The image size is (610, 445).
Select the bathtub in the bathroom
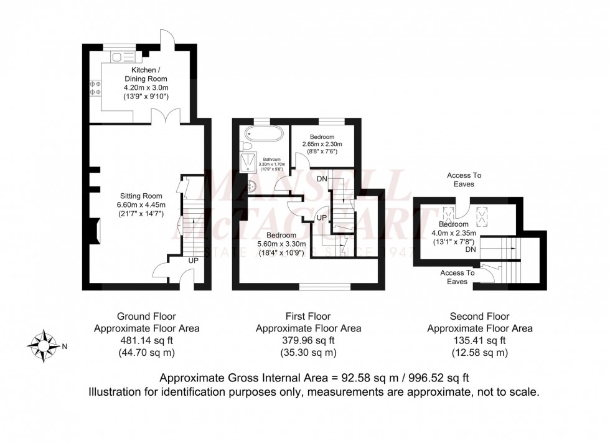pyautogui.click(x=263, y=133)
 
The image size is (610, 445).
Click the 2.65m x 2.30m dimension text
pyautogui.click(x=319, y=145)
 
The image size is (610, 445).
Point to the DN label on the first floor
pyautogui.click(x=322, y=179)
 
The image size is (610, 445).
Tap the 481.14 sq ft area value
pyautogui.click(x=146, y=340)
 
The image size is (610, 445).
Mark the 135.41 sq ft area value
pyautogui.click(x=479, y=340)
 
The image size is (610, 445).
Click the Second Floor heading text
pyautogui.click(x=479, y=316)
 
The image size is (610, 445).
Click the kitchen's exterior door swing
pyautogui.click(x=166, y=37)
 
